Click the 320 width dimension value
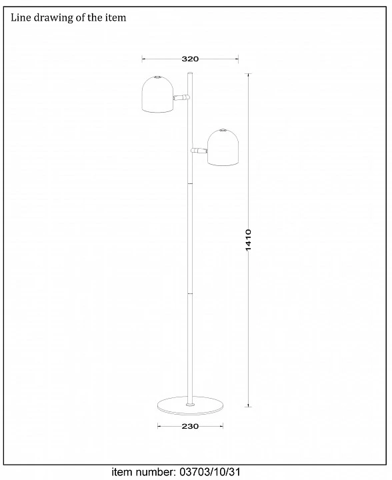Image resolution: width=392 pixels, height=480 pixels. (190, 59)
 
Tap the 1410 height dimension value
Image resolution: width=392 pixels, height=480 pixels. (248, 240)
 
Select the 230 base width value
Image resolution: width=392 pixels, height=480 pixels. (190, 426)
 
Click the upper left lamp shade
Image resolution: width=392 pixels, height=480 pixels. (157, 94)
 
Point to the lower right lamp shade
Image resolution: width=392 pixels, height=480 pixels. (223, 147)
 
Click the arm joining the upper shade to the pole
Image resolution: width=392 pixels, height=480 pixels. (181, 97)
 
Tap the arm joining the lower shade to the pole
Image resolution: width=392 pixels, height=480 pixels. (199, 150)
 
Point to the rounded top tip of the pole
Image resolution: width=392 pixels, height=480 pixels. (190, 73)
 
